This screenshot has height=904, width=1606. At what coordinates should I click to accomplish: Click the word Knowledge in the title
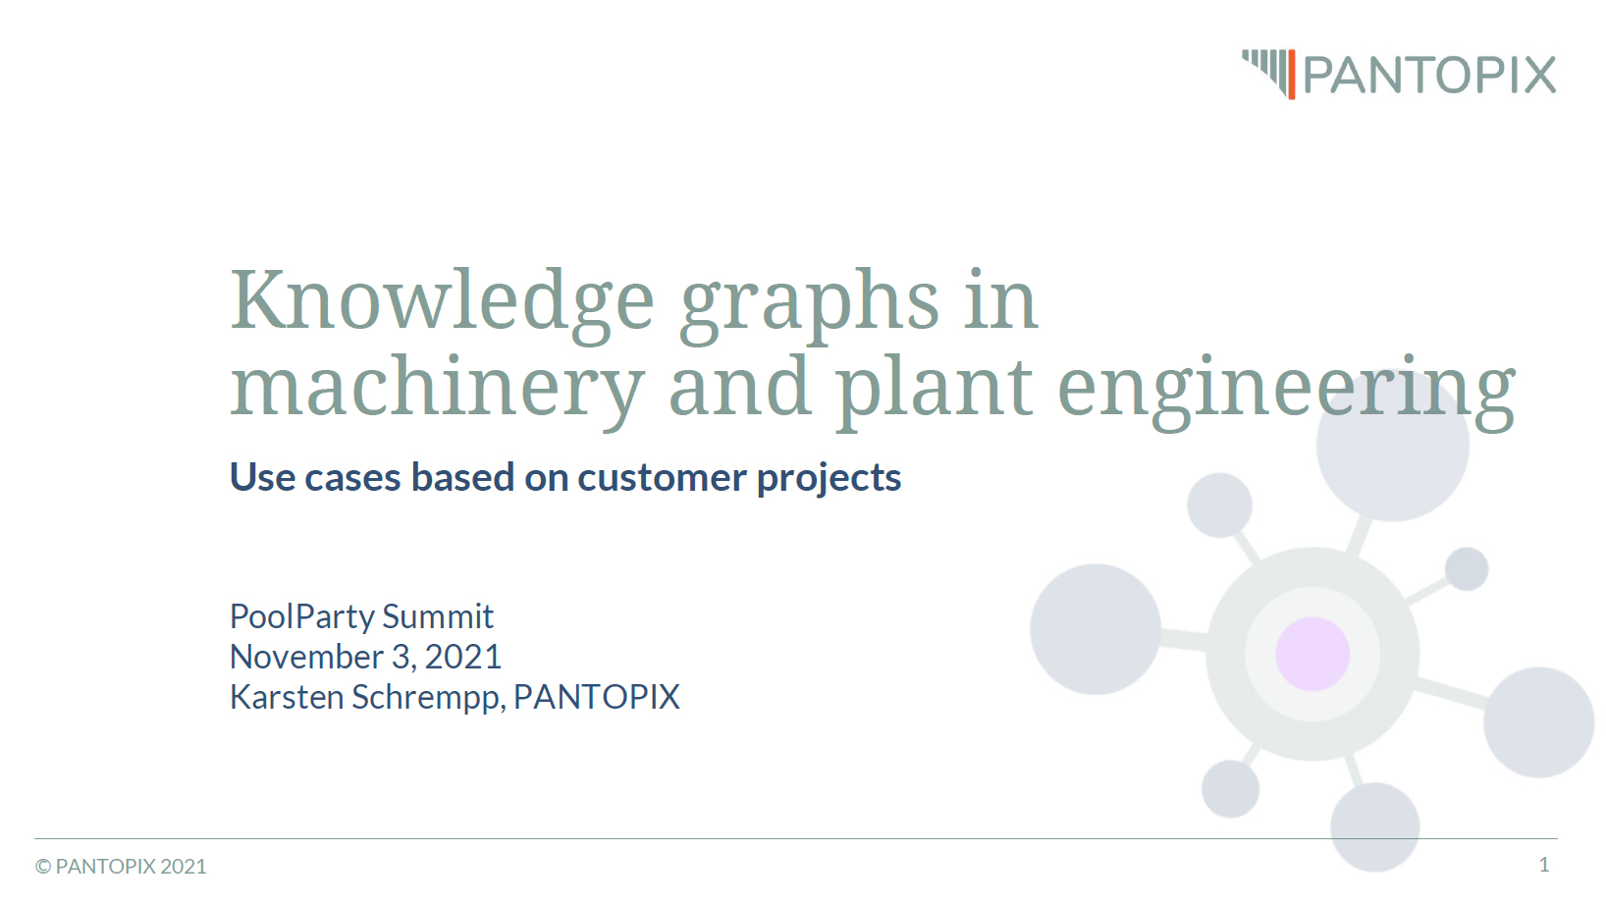[x=441, y=300]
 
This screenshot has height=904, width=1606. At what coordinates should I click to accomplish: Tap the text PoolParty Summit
[x=361, y=616]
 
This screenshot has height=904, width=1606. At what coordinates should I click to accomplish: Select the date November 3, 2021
[x=365, y=657]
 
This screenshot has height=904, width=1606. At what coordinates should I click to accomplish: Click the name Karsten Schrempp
[x=367, y=697]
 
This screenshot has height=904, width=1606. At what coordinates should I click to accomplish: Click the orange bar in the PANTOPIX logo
[x=1292, y=75]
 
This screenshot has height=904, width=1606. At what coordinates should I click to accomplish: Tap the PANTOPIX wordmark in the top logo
[x=1429, y=76]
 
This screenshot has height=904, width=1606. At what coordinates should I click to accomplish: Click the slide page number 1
[x=1544, y=865]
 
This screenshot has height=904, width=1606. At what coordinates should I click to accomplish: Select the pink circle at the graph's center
[x=1312, y=654]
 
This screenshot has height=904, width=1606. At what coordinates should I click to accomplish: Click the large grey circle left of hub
[x=1095, y=629]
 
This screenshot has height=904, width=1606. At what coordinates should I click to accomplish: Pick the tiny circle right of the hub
[x=1467, y=569]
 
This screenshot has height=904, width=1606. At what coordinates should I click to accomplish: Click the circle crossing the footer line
[x=1374, y=826]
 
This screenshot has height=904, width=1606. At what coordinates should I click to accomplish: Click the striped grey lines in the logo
[x=1264, y=67]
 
